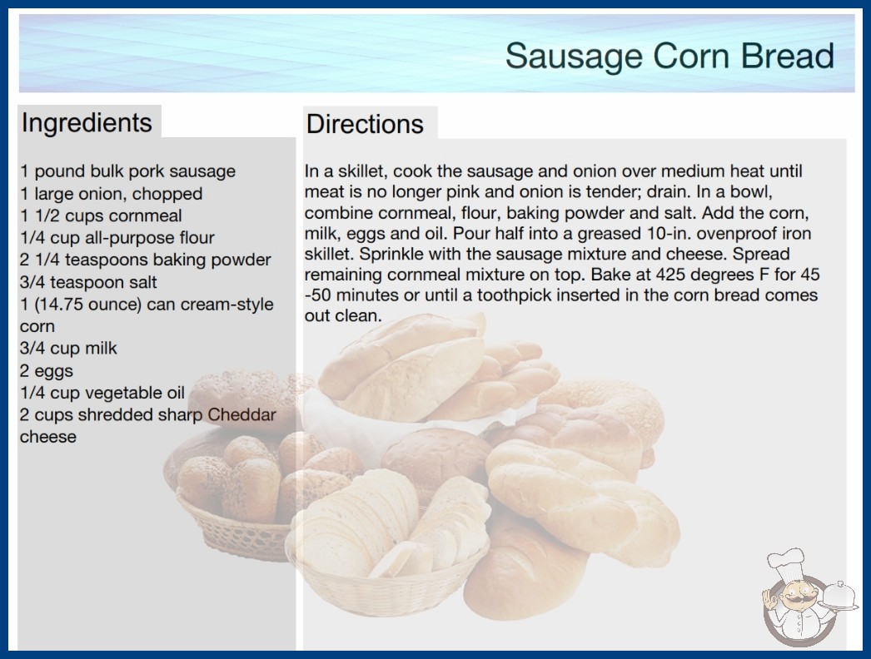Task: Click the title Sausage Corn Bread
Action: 669,56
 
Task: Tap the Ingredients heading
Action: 87,122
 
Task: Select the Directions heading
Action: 365,124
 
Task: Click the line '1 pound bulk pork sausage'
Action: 127,171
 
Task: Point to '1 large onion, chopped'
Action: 111,194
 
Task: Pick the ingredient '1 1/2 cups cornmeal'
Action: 101,216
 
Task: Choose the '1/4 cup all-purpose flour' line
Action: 117,238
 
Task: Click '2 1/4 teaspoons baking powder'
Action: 146,260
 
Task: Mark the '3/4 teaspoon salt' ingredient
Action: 88,282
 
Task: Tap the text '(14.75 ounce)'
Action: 88,305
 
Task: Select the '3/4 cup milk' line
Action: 68,348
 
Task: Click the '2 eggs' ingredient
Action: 47,370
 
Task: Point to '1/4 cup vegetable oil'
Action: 102,393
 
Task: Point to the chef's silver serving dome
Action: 839,595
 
